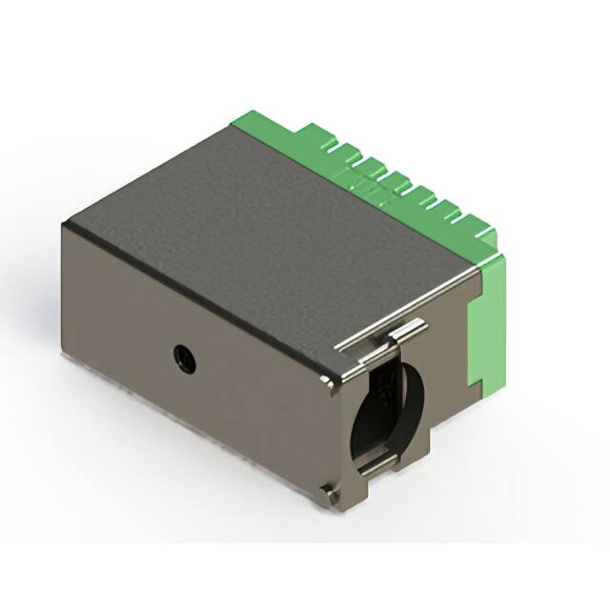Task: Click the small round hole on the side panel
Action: [x=181, y=357]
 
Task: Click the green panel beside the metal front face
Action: [x=486, y=329]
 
